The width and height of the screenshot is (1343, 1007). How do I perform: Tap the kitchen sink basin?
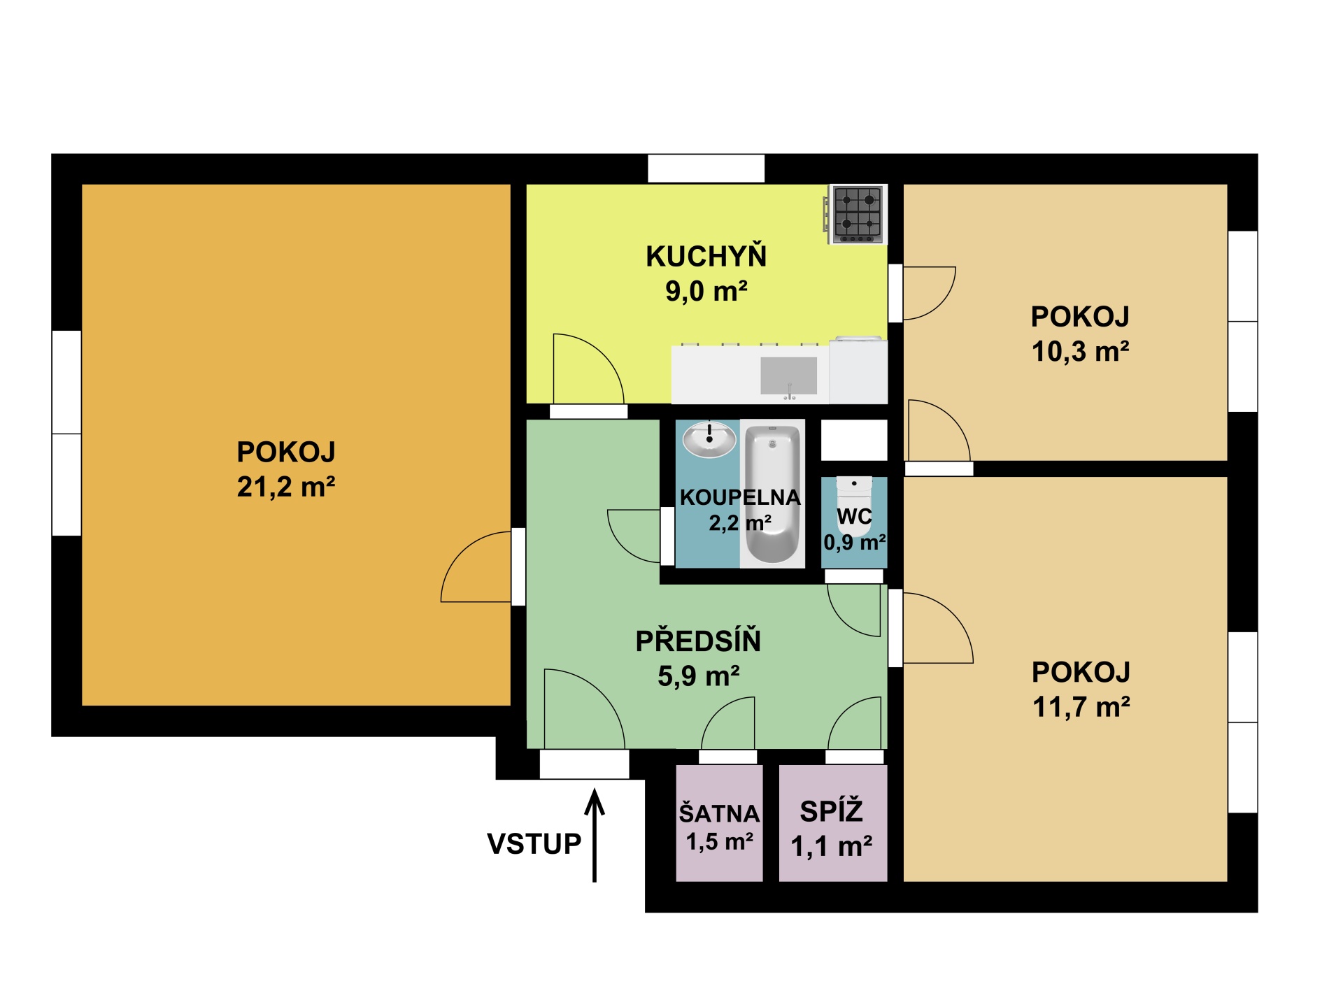789,376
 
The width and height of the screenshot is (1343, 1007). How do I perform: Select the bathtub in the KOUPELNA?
772,494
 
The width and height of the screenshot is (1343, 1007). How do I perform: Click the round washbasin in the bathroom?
709,439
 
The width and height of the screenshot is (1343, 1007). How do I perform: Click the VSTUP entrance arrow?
595,835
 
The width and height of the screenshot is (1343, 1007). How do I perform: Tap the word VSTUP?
534,844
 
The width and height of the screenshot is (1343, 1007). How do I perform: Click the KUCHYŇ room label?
706,256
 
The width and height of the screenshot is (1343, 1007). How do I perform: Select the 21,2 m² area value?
286,487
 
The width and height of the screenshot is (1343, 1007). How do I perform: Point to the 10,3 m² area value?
1081,351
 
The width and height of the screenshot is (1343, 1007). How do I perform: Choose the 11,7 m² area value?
1081,707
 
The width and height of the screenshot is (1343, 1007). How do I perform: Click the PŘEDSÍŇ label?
698,641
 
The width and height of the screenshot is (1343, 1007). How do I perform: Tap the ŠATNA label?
720,813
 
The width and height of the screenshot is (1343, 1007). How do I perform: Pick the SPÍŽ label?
832,811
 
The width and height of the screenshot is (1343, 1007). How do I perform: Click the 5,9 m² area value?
699,676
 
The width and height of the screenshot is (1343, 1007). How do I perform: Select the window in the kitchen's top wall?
706,169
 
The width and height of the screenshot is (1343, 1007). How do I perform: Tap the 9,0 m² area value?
706,291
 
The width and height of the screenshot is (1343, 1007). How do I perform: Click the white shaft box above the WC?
854,441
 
